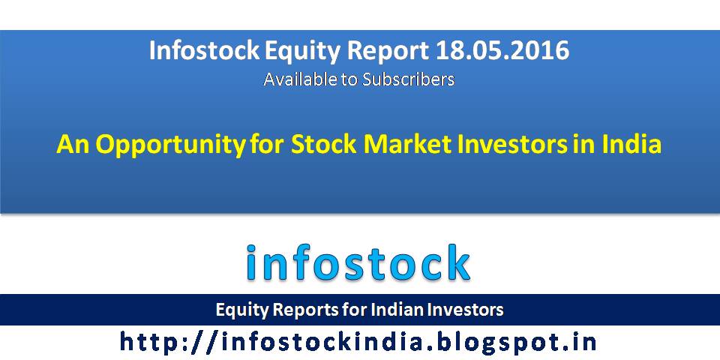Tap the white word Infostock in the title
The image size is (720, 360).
click(204, 50)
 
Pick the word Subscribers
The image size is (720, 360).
click(408, 79)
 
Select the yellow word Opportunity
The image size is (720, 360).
click(171, 145)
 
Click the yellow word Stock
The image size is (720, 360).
click(324, 144)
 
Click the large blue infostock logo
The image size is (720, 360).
click(358, 262)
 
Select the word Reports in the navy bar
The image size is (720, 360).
click(304, 310)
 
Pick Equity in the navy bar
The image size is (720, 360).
click(242, 310)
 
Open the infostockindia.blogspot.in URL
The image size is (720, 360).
click(358, 342)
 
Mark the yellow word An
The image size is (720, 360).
click(73, 144)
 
